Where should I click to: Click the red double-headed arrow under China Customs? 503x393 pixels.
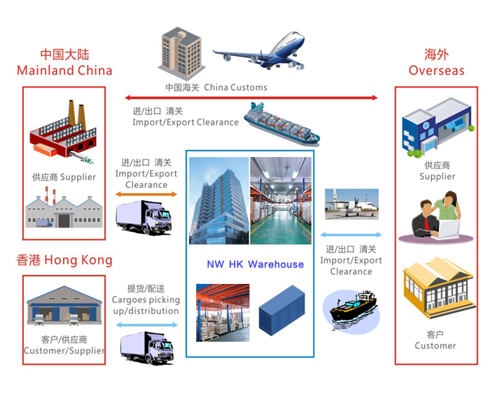point(251,97)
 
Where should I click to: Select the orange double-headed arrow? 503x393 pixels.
point(146,194)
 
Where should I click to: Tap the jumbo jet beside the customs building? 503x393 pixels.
point(259,51)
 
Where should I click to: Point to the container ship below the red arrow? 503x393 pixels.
point(282,124)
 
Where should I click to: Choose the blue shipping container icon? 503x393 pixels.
point(282,310)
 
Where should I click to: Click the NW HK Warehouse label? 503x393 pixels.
point(255,264)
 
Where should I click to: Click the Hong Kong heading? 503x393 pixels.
point(65,260)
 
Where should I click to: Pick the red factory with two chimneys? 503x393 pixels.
point(63,131)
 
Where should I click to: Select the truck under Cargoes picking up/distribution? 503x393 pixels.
point(147,348)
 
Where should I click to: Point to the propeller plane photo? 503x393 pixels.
point(352,204)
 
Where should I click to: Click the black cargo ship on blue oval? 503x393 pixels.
point(352,311)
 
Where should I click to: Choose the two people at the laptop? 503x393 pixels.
point(436,218)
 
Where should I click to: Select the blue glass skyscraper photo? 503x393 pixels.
point(219,201)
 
